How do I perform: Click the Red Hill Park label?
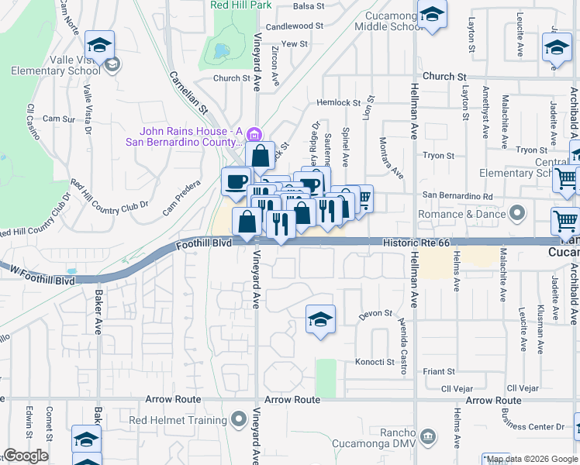pos(242,5)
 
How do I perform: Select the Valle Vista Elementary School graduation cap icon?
pos(99,44)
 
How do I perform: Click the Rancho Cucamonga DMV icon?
pos(427,437)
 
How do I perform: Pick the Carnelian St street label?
pos(189,91)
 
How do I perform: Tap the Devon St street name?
pos(375,315)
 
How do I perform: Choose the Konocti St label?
pos(375,362)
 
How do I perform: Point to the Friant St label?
pos(439,372)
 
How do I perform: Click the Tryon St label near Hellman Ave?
pos(438,156)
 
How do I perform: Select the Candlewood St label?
pos(294,26)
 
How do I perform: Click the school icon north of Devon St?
pos(320,319)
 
